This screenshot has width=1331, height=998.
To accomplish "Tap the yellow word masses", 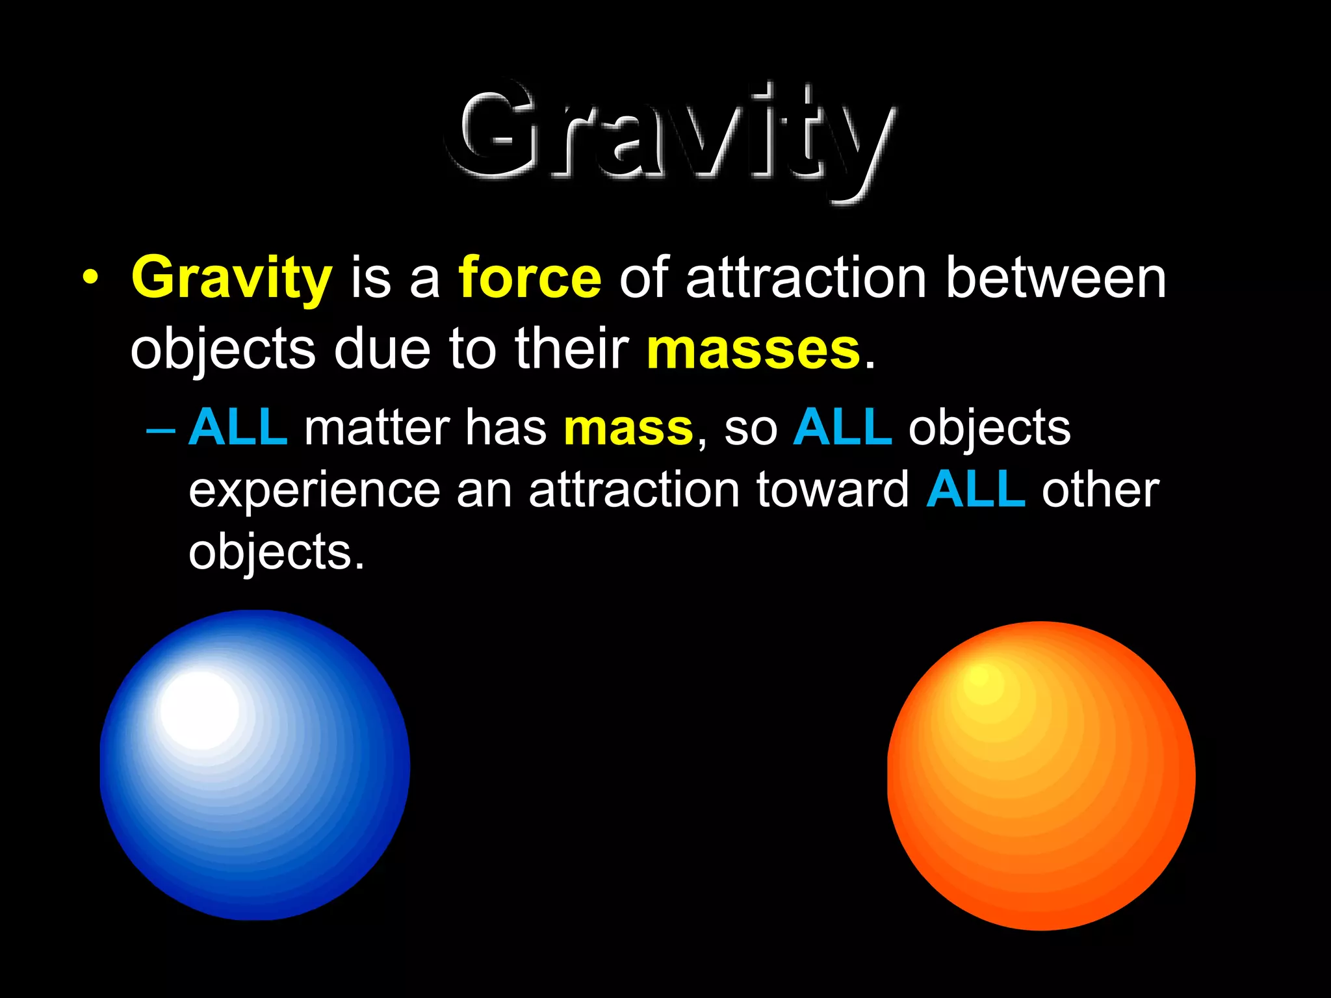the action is [754, 350].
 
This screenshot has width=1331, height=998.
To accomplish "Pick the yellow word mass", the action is [628, 428].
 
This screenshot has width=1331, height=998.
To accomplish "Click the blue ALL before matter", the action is [238, 427].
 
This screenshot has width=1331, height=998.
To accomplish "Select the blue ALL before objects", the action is [843, 427].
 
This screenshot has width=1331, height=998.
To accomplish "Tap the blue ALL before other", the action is [977, 489].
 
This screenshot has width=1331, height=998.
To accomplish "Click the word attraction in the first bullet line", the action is [806, 277].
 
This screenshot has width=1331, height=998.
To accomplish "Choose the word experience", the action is [315, 492].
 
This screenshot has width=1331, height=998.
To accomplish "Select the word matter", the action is [377, 428].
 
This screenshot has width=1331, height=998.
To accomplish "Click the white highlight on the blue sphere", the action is [200, 710].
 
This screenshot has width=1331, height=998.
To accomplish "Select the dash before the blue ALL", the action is [161, 431].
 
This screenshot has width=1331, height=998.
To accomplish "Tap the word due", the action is [382, 348].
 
